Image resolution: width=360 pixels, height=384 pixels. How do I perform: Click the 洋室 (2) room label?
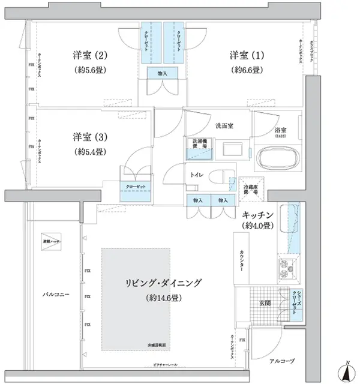[x=90, y=56]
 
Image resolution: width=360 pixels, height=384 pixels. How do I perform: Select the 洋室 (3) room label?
[x=90, y=135]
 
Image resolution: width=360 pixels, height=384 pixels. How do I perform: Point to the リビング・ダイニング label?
[x=163, y=283]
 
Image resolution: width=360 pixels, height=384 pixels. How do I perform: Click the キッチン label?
[x=259, y=214]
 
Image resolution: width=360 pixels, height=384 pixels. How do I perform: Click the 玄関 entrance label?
[x=265, y=303]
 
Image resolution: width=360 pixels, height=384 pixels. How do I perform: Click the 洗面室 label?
[x=224, y=126]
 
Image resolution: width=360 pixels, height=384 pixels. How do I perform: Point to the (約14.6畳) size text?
[x=163, y=298]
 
